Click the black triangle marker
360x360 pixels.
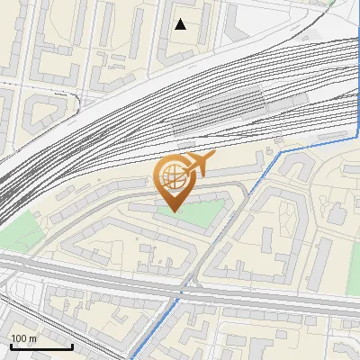[181, 24]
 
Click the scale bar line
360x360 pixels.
[41, 346]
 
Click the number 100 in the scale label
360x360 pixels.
[19, 338]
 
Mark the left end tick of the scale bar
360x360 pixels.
[10, 345]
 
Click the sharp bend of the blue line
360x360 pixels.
[281, 152]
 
